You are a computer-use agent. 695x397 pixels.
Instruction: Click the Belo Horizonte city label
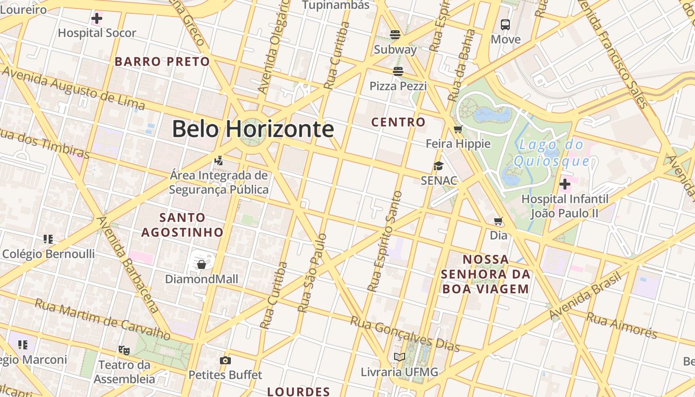[x=253, y=129]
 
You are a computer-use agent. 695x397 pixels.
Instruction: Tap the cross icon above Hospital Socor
[x=97, y=19]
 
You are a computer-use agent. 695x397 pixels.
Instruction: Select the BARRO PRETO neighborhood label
[x=162, y=62]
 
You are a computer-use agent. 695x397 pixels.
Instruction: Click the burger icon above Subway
[x=395, y=35]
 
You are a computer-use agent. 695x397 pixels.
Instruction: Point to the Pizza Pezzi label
[x=398, y=86]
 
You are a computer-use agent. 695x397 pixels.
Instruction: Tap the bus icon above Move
[x=505, y=24]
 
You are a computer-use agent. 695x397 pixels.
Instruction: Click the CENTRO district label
[x=399, y=122]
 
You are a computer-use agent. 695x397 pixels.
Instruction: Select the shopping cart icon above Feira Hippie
[x=458, y=130]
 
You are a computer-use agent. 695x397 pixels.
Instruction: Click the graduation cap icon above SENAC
[x=438, y=166]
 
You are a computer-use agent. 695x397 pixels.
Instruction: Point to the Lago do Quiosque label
[x=552, y=153]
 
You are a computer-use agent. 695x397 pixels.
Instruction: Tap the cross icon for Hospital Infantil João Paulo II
[x=564, y=185]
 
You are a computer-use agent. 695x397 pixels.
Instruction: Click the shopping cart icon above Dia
[x=498, y=221]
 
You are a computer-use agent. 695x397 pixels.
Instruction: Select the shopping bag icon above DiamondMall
[x=202, y=264]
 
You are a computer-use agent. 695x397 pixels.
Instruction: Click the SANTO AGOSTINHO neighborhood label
[x=182, y=225]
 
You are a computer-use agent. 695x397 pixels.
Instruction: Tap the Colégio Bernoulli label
[x=49, y=254]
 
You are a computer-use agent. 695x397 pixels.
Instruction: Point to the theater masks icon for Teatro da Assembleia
[x=124, y=350]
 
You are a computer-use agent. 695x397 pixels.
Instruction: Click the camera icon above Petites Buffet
[x=225, y=360]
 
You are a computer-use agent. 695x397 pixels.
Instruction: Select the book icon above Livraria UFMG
[x=400, y=357]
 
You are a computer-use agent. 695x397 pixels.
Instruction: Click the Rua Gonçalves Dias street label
[x=405, y=334]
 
